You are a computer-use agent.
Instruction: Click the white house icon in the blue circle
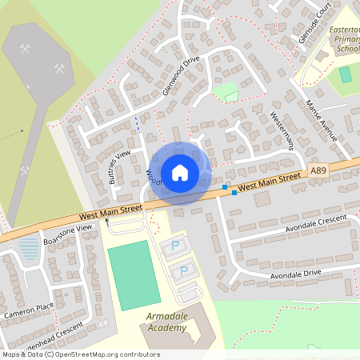179,172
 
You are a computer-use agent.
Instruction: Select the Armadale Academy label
166,322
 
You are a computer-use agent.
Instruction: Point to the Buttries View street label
118,167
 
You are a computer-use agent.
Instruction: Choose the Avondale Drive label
295,274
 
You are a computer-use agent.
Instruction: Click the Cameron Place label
28,310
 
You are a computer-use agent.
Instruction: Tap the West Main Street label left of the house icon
110,212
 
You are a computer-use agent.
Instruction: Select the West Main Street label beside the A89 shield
269,181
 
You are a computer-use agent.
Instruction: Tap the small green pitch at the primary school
345,74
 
